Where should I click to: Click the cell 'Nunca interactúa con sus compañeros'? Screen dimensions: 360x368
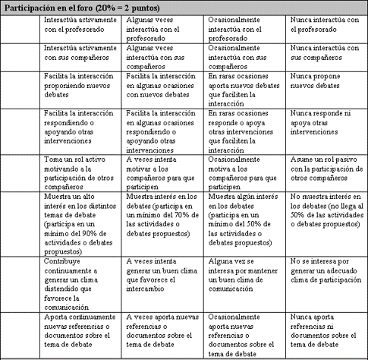[326, 52]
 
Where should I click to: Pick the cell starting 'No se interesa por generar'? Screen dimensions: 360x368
[326, 273]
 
